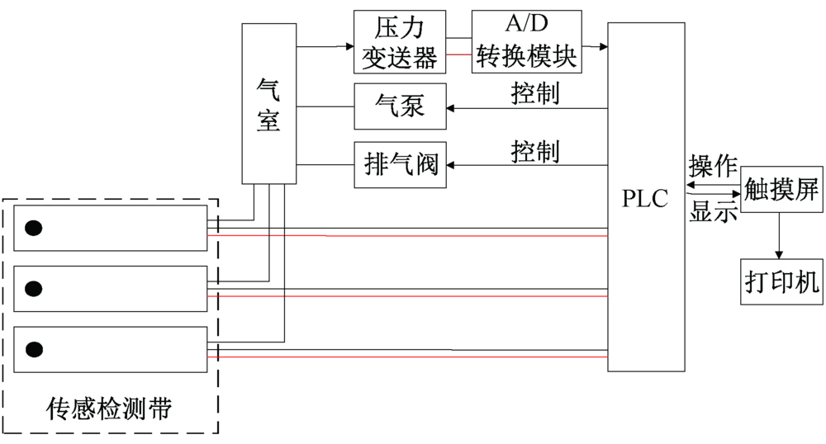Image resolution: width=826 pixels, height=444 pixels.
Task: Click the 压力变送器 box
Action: click(400, 41)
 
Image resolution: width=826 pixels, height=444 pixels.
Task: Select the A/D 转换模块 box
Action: click(525, 41)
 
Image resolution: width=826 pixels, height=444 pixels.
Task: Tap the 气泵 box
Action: click(400, 106)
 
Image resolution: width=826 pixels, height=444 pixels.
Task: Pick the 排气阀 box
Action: click(400, 165)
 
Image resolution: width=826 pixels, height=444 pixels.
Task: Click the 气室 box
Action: click(268, 103)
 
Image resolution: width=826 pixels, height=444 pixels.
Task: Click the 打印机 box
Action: click(781, 282)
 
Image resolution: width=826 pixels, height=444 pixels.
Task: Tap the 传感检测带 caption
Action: click(109, 407)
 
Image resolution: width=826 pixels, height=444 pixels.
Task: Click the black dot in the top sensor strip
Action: click(34, 229)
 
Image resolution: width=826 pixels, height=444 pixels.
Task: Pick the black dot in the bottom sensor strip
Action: click(34, 349)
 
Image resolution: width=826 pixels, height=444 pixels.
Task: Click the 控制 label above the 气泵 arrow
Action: click(535, 92)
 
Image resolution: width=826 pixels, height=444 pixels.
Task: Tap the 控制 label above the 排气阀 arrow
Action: click(535, 151)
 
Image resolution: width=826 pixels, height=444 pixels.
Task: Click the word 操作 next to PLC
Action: click(713, 168)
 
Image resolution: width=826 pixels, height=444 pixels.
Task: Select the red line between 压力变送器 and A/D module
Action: click(458, 54)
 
